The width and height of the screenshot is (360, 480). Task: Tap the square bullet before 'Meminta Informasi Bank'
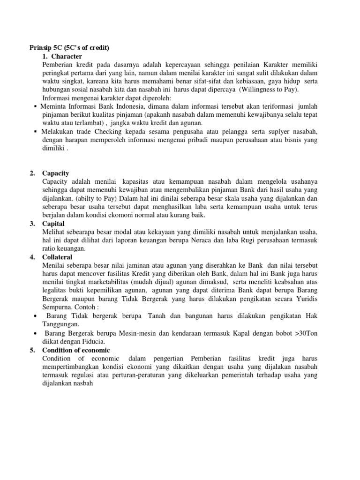coord(36,106)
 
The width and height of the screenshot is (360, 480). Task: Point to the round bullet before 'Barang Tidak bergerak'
coord(36,316)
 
